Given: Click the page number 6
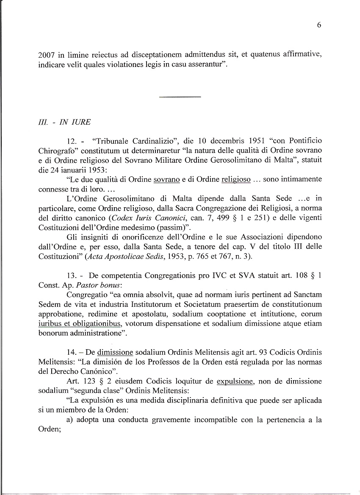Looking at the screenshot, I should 318,25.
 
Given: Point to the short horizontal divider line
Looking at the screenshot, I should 180,97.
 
